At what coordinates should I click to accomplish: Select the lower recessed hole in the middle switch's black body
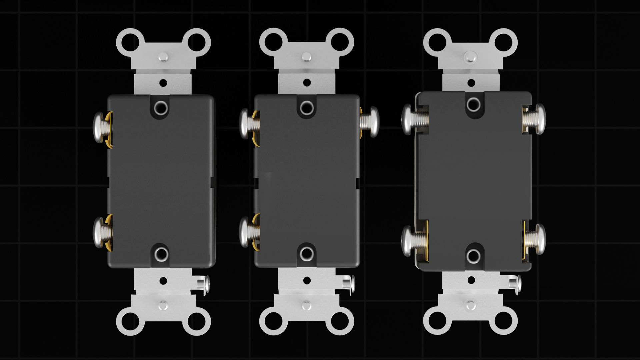coord(306,253)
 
